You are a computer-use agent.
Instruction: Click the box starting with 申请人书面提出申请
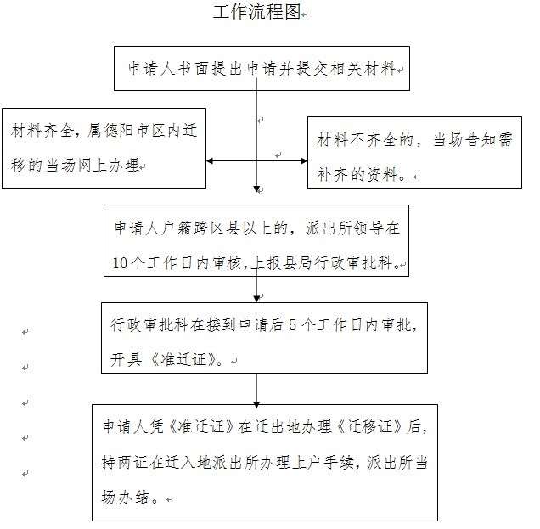[x=262, y=68]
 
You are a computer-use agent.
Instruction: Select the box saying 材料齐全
[x=104, y=147]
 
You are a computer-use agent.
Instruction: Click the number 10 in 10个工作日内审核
[x=121, y=262]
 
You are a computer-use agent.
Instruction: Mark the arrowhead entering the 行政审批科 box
[x=256, y=297]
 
